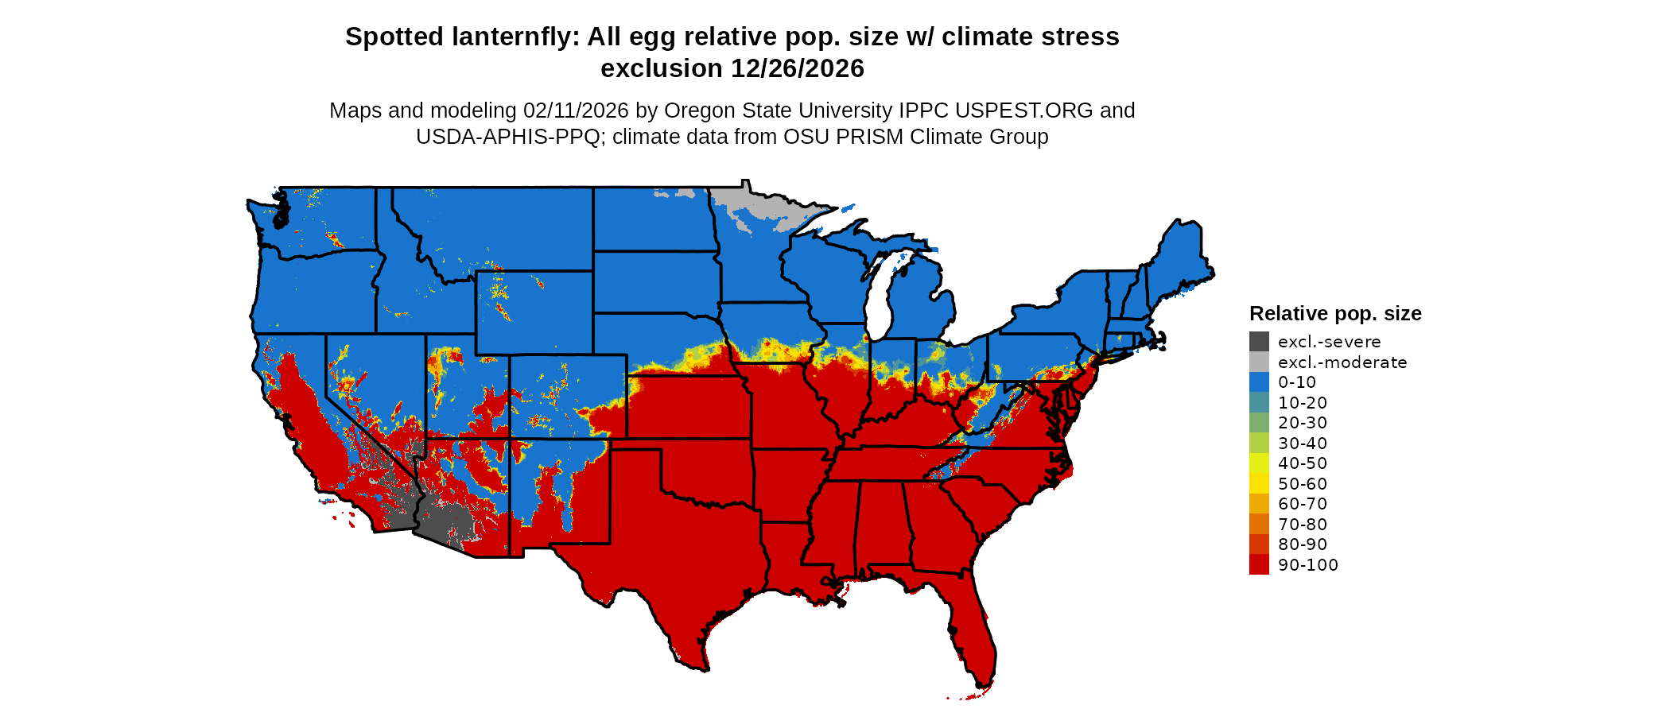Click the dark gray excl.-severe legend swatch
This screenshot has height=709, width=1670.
[x=1259, y=342]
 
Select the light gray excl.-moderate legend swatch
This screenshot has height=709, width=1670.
[x=1259, y=362]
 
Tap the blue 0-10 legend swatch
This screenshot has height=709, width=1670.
[x=1259, y=382]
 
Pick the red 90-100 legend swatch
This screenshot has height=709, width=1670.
[x=1259, y=565]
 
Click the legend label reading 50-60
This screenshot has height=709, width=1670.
[x=1303, y=484]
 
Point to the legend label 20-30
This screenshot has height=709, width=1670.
[x=1303, y=423]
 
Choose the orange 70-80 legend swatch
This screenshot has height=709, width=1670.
[x=1259, y=525]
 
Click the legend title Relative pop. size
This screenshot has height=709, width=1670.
[x=1335, y=313]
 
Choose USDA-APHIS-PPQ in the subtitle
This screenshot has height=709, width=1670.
[x=507, y=137]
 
